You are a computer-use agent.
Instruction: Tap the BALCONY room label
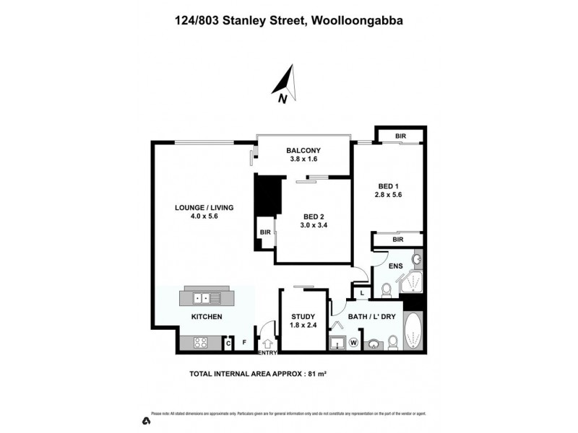click(x=303, y=150)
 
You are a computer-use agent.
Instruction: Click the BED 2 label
click(x=314, y=216)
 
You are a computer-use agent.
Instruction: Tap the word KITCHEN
click(x=206, y=317)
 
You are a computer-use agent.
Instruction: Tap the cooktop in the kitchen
click(x=199, y=344)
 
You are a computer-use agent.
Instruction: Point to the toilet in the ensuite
click(x=386, y=290)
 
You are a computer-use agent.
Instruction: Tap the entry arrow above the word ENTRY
click(x=267, y=344)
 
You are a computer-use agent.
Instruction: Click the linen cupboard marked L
click(x=363, y=293)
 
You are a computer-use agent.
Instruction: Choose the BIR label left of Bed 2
click(x=265, y=233)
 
